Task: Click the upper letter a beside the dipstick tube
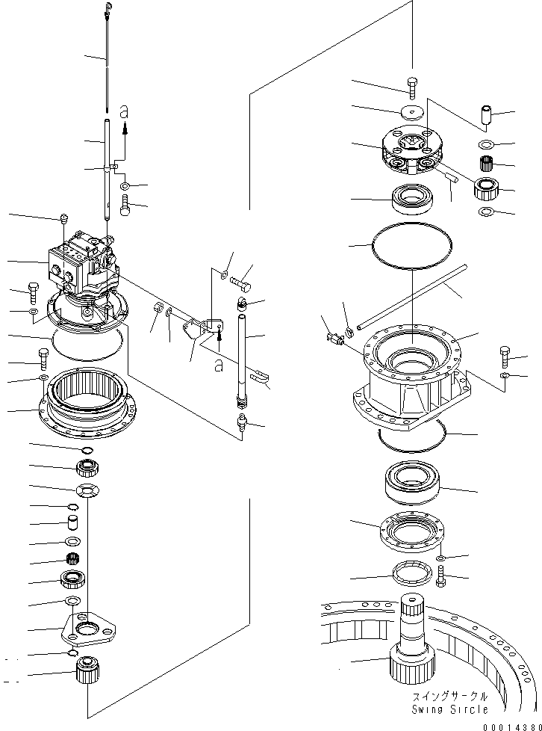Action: (125, 111)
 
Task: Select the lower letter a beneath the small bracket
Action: (219, 365)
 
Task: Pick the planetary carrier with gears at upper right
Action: (411, 150)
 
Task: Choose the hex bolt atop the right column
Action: (413, 84)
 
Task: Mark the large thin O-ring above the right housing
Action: (411, 244)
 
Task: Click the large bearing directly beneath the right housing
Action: (411, 484)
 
